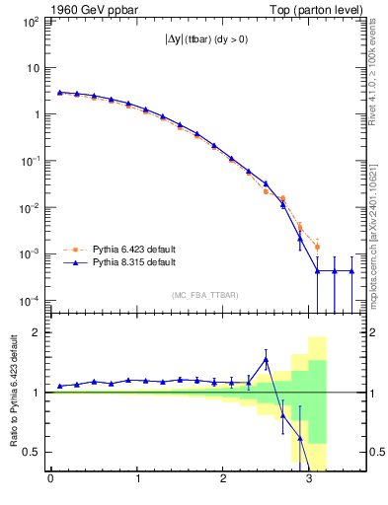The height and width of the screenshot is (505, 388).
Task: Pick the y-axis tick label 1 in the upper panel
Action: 36,114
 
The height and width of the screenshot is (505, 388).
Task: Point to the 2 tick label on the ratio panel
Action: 36,332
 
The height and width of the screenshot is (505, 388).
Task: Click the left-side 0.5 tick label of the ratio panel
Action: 32,452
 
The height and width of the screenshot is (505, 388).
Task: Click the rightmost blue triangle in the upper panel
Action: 351,271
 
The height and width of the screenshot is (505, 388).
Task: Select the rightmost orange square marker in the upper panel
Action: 317,247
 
